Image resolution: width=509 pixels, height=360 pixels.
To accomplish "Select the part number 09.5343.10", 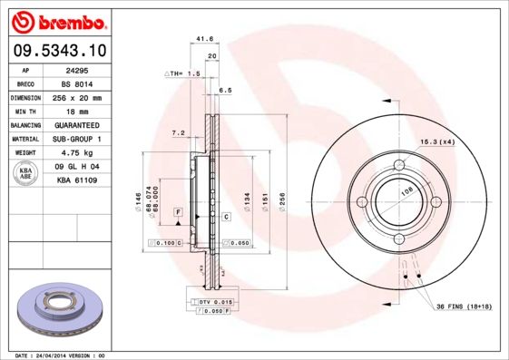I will coord(56,51).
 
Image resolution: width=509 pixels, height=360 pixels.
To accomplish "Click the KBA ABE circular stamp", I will coord(26,172).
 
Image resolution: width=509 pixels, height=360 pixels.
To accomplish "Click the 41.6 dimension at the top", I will coord(204,40).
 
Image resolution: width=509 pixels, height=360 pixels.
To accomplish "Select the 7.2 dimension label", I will coord(179,133).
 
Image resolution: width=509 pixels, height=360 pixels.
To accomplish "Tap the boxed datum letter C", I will coord(225,217).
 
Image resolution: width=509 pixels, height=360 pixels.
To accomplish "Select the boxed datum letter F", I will coord(178,211).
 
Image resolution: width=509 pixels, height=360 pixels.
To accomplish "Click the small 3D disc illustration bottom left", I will coord(55,309).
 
